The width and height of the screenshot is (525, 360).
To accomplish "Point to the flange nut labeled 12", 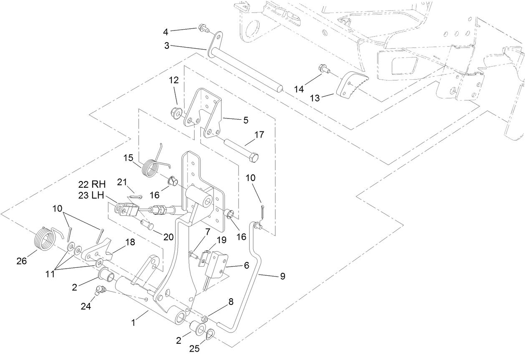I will click(x=175, y=112).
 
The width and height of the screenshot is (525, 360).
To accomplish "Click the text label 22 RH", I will click(x=92, y=184).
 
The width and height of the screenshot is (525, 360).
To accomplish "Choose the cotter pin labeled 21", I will click(x=134, y=196).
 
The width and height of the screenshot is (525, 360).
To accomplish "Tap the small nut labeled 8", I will click(x=204, y=319).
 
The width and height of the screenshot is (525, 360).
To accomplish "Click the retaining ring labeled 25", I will click(x=211, y=334).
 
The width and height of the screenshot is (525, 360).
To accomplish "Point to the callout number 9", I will click(x=283, y=276).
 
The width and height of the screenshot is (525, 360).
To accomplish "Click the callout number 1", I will click(x=133, y=322).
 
